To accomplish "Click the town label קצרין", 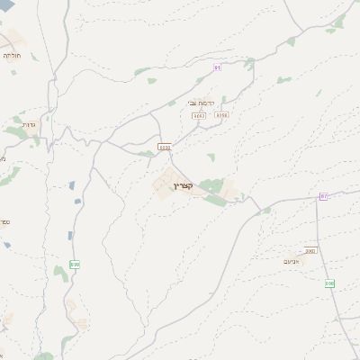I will [183, 186].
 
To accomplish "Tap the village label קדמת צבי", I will [201, 103].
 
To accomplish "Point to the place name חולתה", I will [13, 56].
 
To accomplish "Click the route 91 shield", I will [217, 67].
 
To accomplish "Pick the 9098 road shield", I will [221, 115].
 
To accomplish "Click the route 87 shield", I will [324, 196].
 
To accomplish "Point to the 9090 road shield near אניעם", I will [310, 251].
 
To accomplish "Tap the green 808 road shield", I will [329, 283].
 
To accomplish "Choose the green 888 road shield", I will [74, 265].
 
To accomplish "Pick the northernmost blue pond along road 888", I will [72, 185].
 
